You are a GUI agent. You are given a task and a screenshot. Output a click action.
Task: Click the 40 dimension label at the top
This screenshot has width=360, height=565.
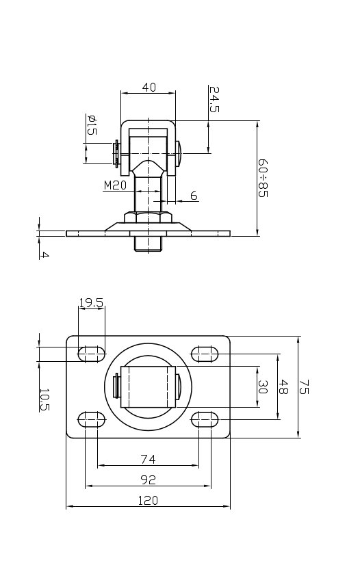pyautogui.click(x=149, y=87)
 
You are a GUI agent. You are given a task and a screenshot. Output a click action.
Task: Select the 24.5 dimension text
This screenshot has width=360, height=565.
pyautogui.click(x=214, y=99)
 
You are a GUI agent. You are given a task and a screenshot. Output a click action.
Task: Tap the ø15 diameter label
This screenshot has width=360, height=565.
pyautogui.click(x=92, y=125)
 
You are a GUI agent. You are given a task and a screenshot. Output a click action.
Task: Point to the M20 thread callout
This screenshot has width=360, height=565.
pyautogui.click(x=115, y=185)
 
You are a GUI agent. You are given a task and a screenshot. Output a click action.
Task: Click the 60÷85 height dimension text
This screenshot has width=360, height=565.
pyautogui.click(x=263, y=178)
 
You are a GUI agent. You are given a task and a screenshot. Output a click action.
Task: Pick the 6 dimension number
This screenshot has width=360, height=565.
pyautogui.click(x=194, y=196)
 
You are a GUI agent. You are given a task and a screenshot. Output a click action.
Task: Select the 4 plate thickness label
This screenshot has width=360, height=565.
pyautogui.click(x=44, y=254)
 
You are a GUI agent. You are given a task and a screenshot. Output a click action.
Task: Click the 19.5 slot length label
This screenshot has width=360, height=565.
pyautogui.click(x=91, y=302)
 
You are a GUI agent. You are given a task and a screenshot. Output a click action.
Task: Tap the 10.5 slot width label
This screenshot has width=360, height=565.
pyautogui.click(x=44, y=399)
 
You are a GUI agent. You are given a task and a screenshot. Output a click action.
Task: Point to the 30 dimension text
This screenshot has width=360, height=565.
pyautogui.click(x=262, y=387)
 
